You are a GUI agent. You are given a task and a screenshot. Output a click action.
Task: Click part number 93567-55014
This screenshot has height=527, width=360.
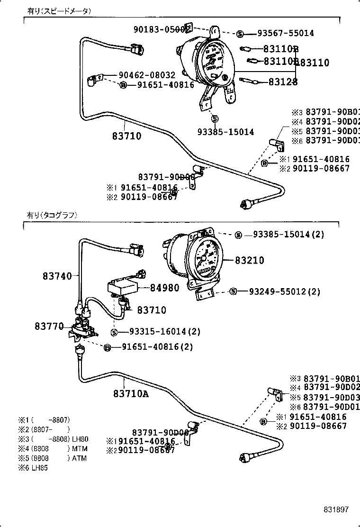coord(286,34)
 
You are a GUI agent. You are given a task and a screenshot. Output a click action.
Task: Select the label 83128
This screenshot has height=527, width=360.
coord(283,82)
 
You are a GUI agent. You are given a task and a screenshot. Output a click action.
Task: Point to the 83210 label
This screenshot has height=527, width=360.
coord(250,260)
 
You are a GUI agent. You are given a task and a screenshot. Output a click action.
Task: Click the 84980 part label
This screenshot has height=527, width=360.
coord(165,287)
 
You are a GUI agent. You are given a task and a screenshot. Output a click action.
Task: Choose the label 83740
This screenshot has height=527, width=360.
coord(57,276)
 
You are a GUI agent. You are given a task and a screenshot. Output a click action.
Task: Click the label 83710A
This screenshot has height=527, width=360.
coord(131,393)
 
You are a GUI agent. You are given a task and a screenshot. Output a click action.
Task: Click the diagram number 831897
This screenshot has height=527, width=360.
coord(336,509)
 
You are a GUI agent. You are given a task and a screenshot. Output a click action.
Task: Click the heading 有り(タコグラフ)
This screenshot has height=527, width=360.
coord(52,215)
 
